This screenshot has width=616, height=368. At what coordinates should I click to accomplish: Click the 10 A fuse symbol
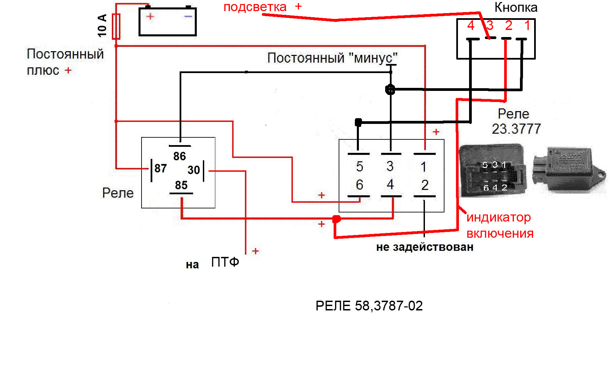point(116,26)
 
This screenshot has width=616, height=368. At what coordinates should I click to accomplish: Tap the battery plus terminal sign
point(150,16)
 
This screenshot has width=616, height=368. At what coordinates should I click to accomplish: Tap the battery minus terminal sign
point(188,16)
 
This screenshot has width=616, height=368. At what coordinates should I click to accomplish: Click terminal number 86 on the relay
point(180,156)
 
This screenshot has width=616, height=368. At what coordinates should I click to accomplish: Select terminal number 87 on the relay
point(160,168)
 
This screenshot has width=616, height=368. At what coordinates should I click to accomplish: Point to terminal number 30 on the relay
point(194,170)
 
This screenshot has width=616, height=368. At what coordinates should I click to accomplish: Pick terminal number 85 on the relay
point(181,185)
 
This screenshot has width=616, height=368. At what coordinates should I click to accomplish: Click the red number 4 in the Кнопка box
point(471,26)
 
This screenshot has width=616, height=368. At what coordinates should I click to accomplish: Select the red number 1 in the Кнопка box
point(527,26)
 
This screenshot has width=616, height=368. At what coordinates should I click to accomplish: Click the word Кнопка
point(516,7)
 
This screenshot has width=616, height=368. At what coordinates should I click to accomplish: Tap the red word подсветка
point(255,7)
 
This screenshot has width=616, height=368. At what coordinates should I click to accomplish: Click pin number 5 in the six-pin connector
point(360,166)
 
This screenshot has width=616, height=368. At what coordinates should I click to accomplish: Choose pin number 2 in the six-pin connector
point(425,185)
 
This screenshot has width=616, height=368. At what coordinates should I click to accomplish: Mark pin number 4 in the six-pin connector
point(390,185)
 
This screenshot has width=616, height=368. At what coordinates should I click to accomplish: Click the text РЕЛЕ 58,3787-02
point(369,306)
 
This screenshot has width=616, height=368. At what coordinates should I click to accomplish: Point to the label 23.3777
point(516,129)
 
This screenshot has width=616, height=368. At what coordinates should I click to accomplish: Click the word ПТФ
point(225,262)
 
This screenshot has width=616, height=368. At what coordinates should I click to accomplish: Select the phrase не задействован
point(425,247)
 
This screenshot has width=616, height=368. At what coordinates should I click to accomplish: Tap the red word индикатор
point(498,218)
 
